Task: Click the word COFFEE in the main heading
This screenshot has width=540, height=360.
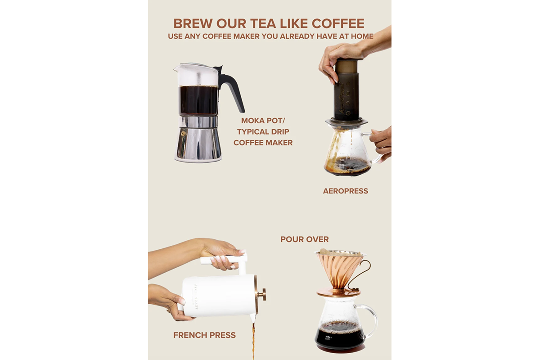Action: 338,24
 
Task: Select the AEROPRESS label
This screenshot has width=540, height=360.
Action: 346,191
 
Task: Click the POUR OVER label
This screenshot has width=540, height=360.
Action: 305,239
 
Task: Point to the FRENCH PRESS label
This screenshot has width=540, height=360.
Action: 204,335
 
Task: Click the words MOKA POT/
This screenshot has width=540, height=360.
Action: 263,121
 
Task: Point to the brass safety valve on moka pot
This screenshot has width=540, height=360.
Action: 184,133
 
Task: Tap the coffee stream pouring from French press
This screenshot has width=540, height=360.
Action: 253,340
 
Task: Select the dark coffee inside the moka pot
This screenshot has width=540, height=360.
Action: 198,99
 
